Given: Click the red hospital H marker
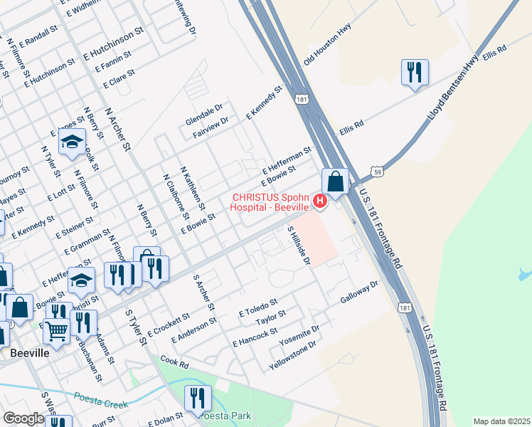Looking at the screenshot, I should pos(319,202).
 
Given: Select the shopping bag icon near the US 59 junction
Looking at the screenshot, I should pos(335,181).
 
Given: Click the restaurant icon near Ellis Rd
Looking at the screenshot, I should pos(414,72).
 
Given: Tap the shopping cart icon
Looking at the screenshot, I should pos(55,330).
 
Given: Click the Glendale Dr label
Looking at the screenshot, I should pos(204,112).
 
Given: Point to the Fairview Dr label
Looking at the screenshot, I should pos(210,122).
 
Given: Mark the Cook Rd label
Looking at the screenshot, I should pos(174,363).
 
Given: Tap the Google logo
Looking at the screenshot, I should pos(23,418).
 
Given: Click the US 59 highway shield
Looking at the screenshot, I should pos(377,172).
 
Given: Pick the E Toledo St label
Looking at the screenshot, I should pos(257,307).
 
